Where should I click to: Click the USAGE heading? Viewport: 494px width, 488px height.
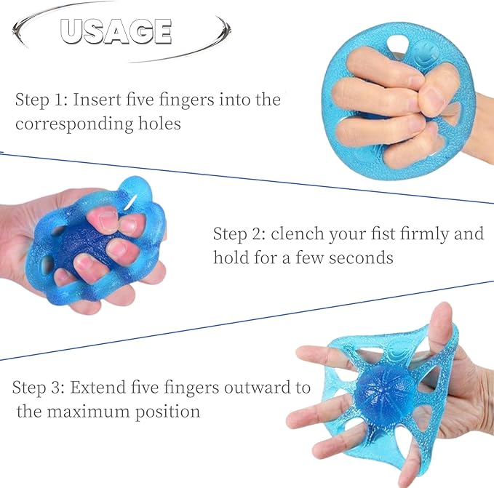tap(116, 31)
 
